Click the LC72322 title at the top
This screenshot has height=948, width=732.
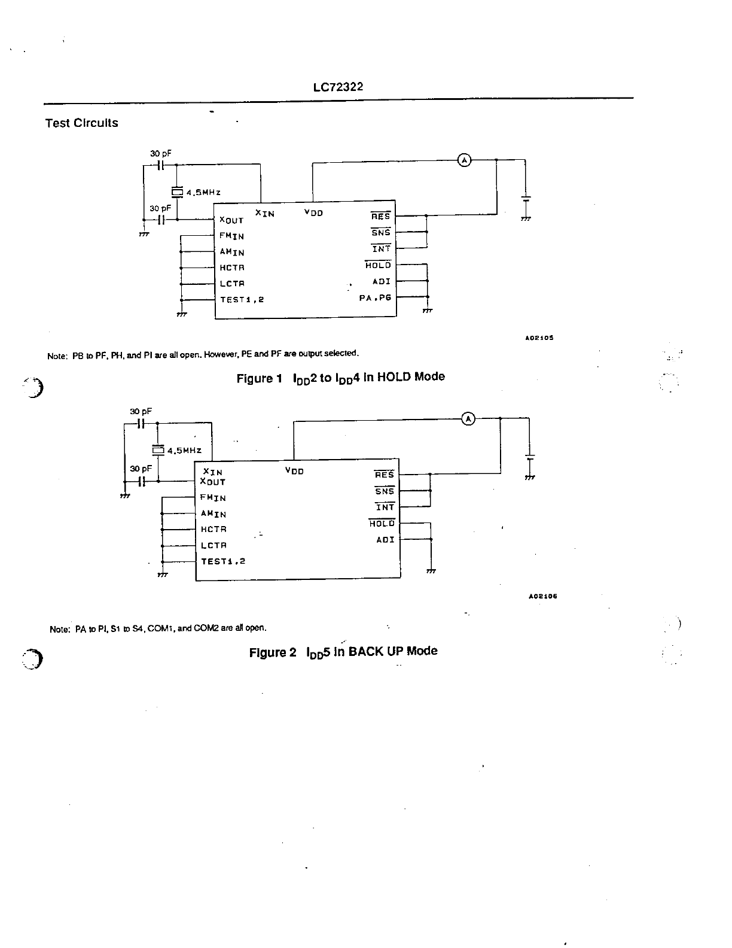click(338, 87)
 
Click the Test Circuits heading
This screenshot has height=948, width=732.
click(82, 123)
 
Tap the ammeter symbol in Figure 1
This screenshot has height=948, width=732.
click(464, 160)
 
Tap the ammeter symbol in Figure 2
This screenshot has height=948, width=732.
click(468, 419)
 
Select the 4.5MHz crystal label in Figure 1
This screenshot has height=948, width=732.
click(203, 193)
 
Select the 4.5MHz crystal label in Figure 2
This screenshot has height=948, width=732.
click(184, 451)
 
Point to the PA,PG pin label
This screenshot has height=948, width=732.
click(375, 297)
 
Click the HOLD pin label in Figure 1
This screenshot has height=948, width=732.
click(378, 265)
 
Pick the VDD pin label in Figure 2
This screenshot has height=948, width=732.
click(294, 471)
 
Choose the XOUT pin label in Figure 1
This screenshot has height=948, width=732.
click(231, 220)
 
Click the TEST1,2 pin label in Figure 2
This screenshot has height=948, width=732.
click(223, 561)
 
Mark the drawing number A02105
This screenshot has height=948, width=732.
click(539, 338)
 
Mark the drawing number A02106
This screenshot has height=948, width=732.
click(543, 597)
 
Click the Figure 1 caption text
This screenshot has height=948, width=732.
click(340, 378)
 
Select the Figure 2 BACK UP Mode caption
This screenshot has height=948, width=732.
click(343, 652)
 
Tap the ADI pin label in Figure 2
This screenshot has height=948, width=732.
click(385, 540)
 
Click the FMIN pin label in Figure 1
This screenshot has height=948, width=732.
click(231, 236)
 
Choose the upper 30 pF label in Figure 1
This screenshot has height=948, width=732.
click(160, 154)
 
